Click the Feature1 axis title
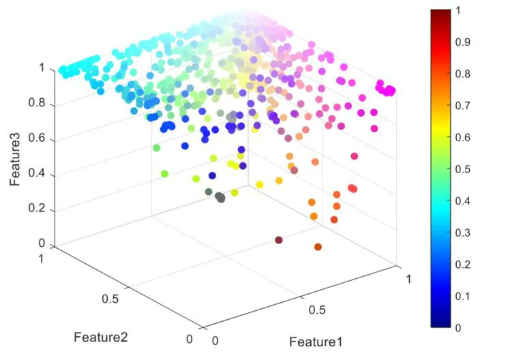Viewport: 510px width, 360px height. point(316,341)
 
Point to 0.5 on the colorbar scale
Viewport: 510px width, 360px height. point(464,168)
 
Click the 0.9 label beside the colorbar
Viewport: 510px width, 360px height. point(464,42)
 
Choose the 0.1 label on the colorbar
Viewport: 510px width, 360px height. point(464,295)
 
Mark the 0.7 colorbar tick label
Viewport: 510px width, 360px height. point(464,105)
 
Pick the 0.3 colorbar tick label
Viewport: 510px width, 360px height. point(464,232)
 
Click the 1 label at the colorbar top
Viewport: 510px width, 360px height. point(459,10)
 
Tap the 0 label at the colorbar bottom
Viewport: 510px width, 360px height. point(459,327)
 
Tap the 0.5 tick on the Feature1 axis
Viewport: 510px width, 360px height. point(317,310)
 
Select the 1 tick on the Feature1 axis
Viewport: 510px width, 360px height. point(409,280)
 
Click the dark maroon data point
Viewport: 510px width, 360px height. point(279,240)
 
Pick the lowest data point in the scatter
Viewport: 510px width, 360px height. point(318,246)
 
